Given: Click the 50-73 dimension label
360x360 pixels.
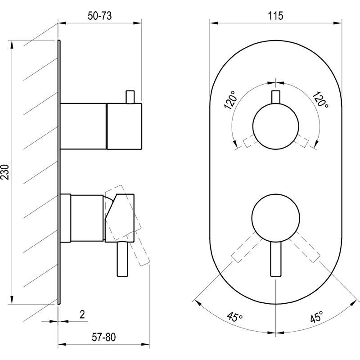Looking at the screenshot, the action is point(99,16).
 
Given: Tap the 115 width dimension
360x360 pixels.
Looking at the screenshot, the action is point(275,16).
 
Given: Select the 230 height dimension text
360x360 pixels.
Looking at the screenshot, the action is point(5,172).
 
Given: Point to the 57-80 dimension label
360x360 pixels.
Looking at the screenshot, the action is point(104,337).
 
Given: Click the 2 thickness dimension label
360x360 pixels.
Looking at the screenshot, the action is point(82,314).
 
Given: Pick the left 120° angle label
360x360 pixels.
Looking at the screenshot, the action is point(230,100).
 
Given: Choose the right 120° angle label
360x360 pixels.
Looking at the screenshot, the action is point(320,99).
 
